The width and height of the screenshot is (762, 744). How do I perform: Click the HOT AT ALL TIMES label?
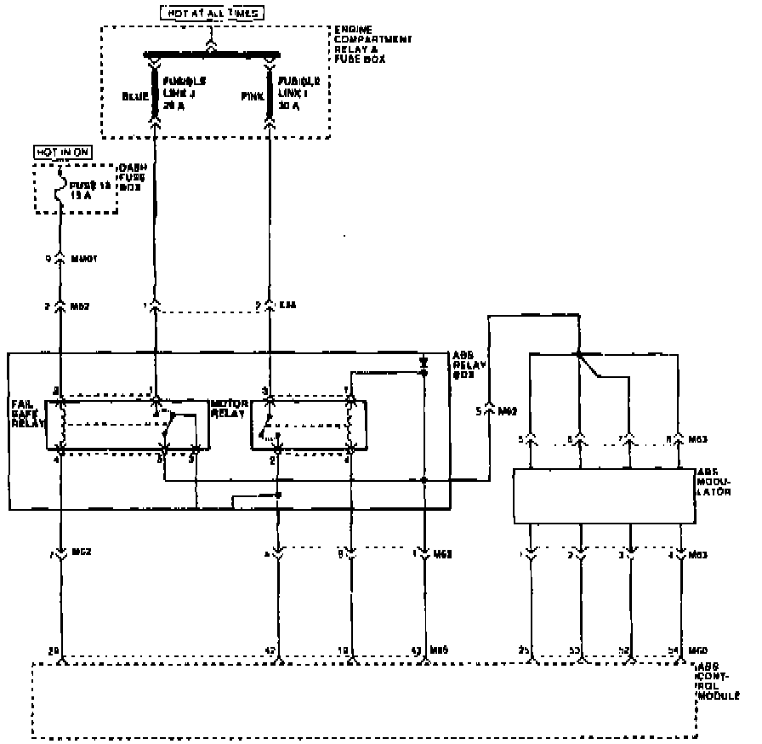pos(211,13)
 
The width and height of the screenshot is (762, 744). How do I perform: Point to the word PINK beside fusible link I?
pos(253,96)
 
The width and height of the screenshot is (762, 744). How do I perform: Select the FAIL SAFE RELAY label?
pos(25,412)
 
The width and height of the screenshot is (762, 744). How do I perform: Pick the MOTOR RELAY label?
pos(228,409)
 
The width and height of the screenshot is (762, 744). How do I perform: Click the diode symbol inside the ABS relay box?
pos(424,363)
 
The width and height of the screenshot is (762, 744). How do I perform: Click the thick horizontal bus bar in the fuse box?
pos(212,53)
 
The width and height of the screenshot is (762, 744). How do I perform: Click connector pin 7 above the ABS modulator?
pos(629,440)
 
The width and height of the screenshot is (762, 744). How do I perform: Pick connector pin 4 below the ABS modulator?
pos(682,554)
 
